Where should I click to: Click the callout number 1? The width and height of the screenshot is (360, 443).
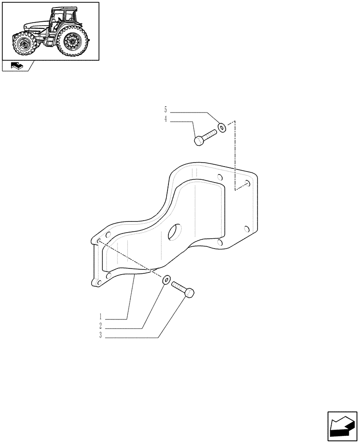pos(101,317)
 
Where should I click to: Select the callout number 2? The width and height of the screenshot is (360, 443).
pos(101,326)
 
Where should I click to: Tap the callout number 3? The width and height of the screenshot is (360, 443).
pos(101,336)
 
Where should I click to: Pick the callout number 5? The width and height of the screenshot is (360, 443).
pos(165,109)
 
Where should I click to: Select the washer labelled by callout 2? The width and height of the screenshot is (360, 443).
pos(166,280)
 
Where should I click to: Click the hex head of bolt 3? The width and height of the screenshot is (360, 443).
pos(189,293)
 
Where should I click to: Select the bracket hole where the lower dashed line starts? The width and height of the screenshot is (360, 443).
pos(99,241)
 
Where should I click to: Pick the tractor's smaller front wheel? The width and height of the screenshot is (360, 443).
pos(23,45)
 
